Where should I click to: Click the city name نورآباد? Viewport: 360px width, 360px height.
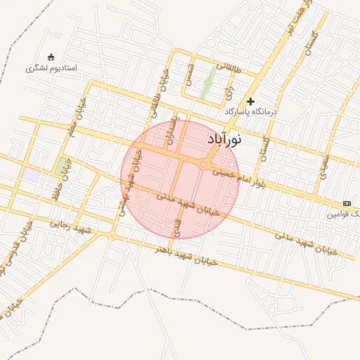[x=224, y=140]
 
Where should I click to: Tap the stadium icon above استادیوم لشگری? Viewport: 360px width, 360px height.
[x=50, y=57]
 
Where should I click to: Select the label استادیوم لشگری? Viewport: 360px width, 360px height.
[x=51, y=69]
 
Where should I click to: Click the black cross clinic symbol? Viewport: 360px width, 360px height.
[x=250, y=101]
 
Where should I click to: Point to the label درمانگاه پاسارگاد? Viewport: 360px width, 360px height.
[x=251, y=112]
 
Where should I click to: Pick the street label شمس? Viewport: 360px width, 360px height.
[x=189, y=73]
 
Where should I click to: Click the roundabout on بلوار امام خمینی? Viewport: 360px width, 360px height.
[x=204, y=165]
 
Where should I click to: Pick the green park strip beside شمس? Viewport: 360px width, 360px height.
[x=207, y=83]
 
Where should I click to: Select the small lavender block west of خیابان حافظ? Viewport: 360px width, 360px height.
[x=31, y=175]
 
